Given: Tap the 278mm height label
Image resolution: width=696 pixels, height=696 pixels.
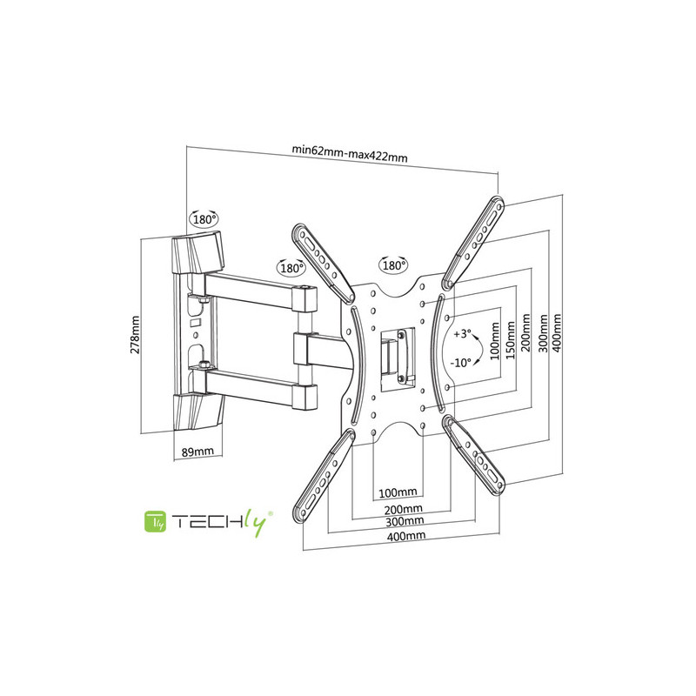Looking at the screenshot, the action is click(135, 335).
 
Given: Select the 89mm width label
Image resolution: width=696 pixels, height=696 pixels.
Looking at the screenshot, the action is click(197, 452).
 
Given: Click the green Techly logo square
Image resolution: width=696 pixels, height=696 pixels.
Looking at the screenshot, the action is click(156, 521).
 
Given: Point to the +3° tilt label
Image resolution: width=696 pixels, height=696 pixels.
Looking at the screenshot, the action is click(463, 334).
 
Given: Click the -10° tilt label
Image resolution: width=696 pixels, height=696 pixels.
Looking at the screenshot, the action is click(461, 363).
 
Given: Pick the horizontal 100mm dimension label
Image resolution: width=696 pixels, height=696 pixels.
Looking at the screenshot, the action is click(398, 492).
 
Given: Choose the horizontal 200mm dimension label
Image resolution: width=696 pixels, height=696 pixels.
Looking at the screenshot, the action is click(403, 509).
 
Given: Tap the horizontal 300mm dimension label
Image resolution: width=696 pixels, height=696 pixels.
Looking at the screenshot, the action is click(405, 520).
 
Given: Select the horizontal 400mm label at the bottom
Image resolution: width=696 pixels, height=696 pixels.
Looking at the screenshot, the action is click(406, 536).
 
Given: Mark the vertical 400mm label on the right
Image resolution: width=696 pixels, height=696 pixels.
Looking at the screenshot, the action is click(557, 333).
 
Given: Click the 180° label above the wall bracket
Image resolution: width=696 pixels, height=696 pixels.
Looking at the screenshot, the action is click(204, 219).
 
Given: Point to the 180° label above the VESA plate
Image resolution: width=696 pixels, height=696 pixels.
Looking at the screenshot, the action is click(393, 265).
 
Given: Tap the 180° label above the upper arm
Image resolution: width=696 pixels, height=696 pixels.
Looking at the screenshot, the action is click(291, 268).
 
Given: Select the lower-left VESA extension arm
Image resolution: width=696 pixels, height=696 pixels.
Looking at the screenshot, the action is click(324, 475).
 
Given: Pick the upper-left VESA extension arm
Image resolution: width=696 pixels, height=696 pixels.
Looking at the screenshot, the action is click(323, 264).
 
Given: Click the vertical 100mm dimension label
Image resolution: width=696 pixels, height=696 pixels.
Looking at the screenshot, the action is click(496, 340).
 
